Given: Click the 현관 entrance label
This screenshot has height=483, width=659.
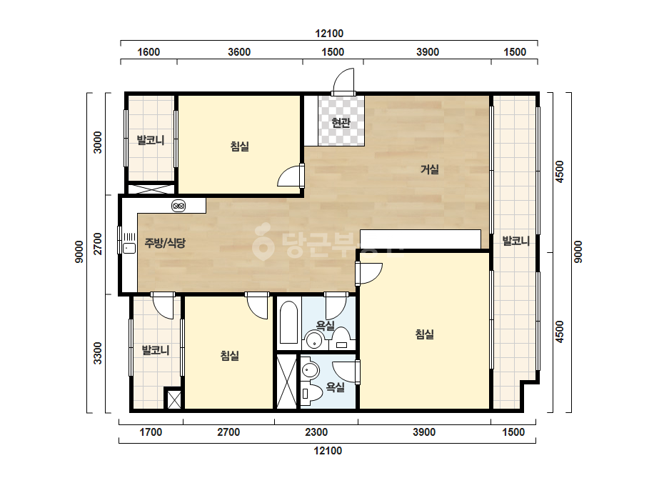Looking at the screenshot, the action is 341,123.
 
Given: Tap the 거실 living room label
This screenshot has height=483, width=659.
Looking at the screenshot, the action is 430,169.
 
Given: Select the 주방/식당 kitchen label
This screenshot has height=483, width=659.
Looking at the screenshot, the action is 165,243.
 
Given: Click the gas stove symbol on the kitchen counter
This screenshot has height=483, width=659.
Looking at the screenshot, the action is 178,206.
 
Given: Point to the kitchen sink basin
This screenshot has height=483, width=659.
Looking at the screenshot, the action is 129,248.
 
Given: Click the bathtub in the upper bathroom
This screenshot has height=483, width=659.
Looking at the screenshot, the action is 288,323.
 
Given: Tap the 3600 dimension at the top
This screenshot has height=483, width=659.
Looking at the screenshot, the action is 239,52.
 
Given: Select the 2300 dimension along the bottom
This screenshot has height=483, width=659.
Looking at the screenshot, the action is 316,432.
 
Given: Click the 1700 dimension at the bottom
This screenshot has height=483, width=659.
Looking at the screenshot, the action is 151,432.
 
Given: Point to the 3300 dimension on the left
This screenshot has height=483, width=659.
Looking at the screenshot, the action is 98,354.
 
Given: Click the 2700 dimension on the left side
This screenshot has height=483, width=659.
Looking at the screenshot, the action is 98,244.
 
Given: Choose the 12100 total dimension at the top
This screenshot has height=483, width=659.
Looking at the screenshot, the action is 330,34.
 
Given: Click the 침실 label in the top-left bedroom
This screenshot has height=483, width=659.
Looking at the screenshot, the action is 240,146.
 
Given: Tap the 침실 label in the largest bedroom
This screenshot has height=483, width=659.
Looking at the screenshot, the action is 425,334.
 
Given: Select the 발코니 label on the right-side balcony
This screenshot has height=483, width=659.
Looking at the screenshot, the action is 515,241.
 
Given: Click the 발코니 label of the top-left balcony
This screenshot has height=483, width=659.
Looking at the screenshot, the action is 151,140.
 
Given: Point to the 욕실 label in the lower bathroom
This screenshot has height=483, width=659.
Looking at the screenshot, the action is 336,387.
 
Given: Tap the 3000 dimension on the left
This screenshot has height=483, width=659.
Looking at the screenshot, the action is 98,143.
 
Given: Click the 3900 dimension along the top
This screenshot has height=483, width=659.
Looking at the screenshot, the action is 428,52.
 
